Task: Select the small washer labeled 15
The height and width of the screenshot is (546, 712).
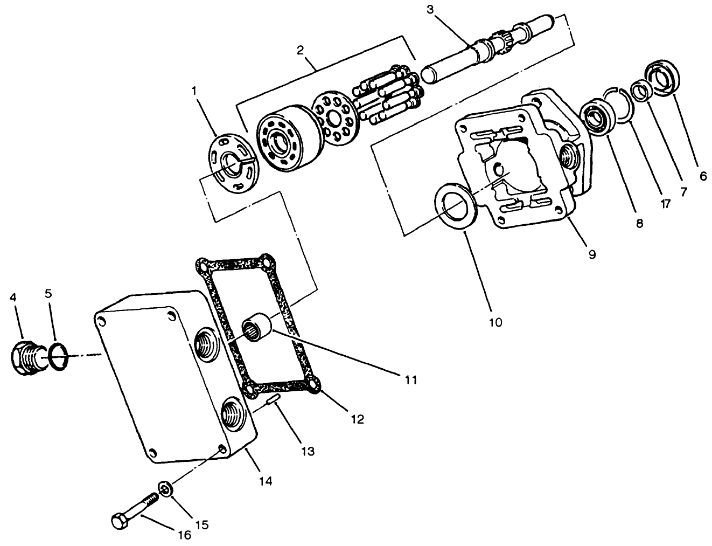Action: click(x=165, y=489)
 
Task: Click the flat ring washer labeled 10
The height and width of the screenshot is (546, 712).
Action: click(x=455, y=206)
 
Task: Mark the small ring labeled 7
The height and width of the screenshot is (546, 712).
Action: click(x=639, y=91)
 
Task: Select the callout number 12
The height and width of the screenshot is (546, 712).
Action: click(x=357, y=418)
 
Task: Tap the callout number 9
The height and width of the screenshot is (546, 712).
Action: click(x=591, y=254)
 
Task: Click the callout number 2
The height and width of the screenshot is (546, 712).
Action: click(x=301, y=51)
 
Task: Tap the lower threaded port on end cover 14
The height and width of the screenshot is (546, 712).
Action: click(x=234, y=413)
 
